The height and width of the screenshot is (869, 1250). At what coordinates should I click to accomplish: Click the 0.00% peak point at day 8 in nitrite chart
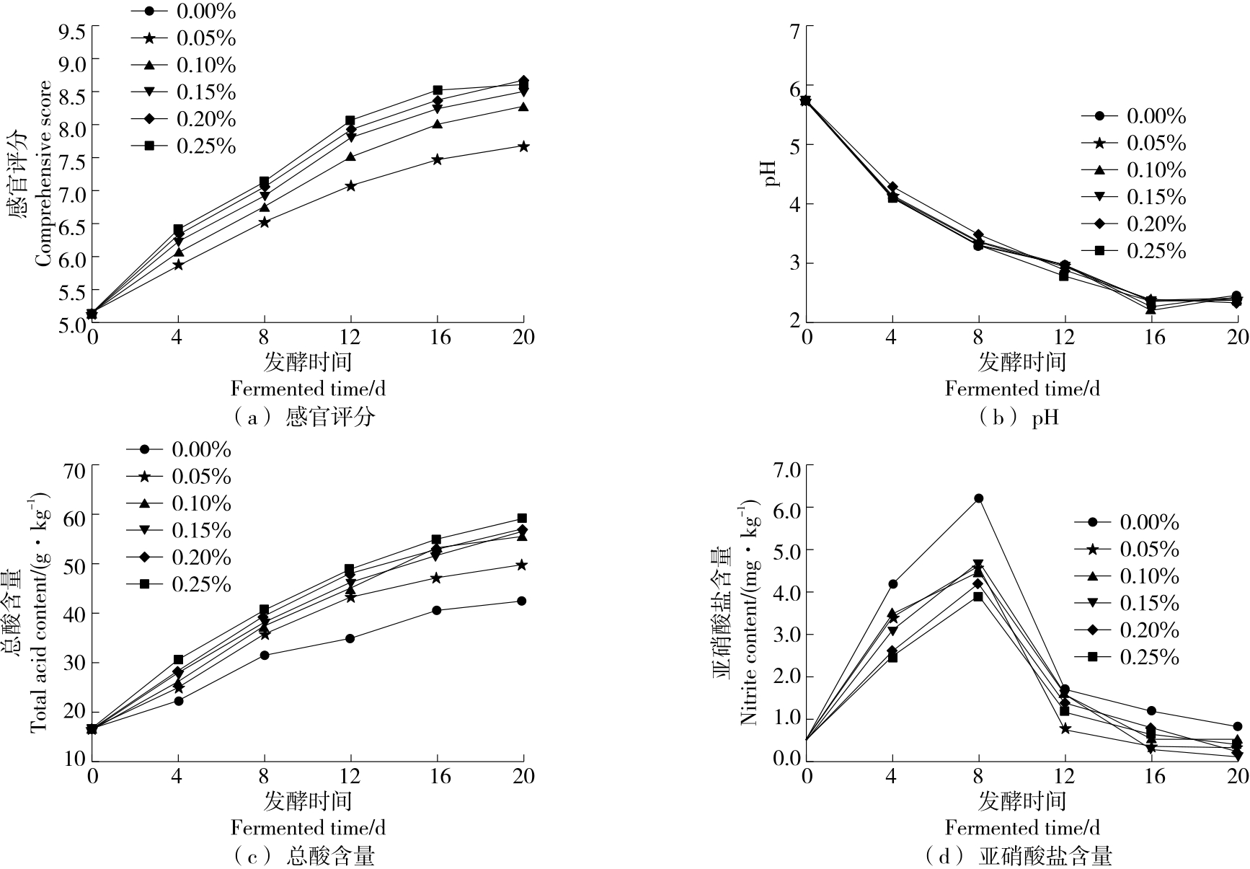point(978,498)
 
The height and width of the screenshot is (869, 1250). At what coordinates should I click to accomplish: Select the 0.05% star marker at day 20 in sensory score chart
point(523,146)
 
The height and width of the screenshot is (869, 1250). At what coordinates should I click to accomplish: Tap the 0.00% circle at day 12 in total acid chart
point(350,638)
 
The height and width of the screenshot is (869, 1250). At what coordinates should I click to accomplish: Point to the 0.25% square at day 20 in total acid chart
point(523,519)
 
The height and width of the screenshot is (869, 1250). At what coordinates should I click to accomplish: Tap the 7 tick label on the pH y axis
point(794,31)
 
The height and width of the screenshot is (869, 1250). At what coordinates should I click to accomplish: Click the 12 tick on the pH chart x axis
point(1065,337)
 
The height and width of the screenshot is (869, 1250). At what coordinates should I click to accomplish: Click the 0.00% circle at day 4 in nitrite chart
point(892,583)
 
